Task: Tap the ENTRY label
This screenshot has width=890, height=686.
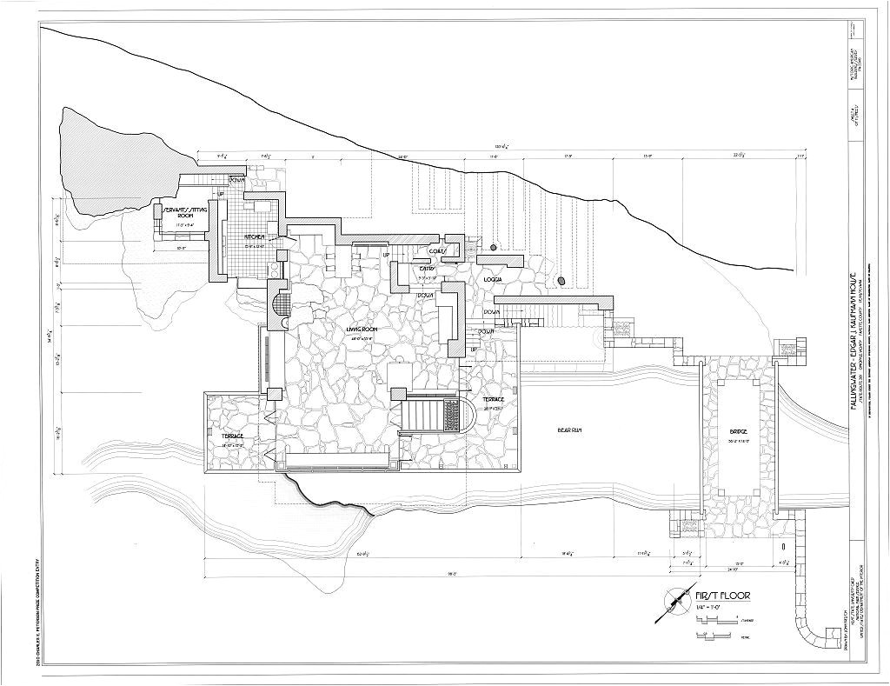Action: [427, 270]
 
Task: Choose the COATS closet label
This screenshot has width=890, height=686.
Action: [437, 251]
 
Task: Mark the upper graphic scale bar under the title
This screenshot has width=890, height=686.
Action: [717, 621]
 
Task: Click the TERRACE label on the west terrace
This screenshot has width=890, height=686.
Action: [232, 435]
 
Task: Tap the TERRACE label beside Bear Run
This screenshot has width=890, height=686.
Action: [494, 399]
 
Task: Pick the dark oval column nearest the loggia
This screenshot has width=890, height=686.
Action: [561, 280]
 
